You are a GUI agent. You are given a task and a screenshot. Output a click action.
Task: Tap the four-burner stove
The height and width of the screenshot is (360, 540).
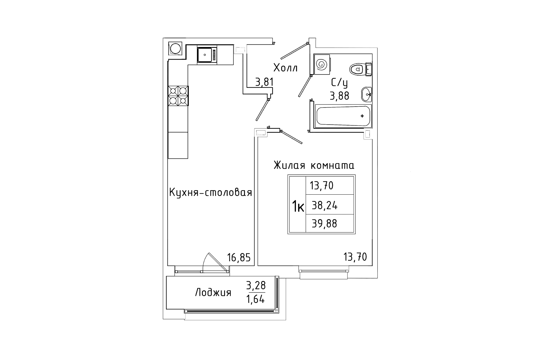coord(178,96)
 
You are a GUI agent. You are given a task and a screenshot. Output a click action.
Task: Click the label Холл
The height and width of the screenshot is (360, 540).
coord(285,68)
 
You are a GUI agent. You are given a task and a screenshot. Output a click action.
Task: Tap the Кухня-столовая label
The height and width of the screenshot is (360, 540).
coord(210,193)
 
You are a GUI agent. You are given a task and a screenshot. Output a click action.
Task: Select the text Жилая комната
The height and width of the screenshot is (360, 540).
coord(314,165)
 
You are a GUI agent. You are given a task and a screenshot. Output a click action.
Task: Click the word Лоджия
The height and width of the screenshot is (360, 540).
coord(213,293)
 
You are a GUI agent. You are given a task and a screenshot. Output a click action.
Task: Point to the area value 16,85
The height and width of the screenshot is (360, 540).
coord(239,258)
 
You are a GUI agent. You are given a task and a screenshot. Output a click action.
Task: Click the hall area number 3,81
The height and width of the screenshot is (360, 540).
coord(264,82)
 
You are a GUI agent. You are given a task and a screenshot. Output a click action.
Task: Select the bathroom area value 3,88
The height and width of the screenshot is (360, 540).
coord(339,96)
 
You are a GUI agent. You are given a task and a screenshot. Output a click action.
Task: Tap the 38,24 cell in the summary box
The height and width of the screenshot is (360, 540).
coord(325,206)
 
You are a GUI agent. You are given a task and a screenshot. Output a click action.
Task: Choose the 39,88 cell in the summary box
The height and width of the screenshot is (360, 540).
coord(324,224)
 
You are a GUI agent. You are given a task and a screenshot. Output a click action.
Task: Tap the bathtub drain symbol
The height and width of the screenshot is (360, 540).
coord(362,116)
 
